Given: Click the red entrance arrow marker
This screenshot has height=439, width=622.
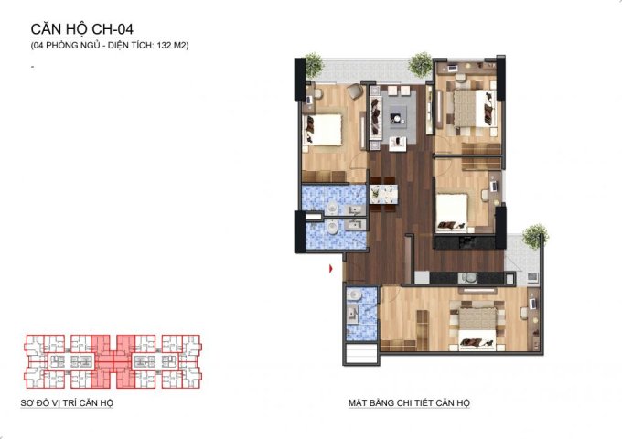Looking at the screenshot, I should point(331,268).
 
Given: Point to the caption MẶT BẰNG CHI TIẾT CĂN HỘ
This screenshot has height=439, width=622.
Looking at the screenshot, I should point(409,403).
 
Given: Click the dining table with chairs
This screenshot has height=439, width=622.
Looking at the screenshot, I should point(383,196).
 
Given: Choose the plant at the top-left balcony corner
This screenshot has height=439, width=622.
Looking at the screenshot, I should point(313,64).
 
